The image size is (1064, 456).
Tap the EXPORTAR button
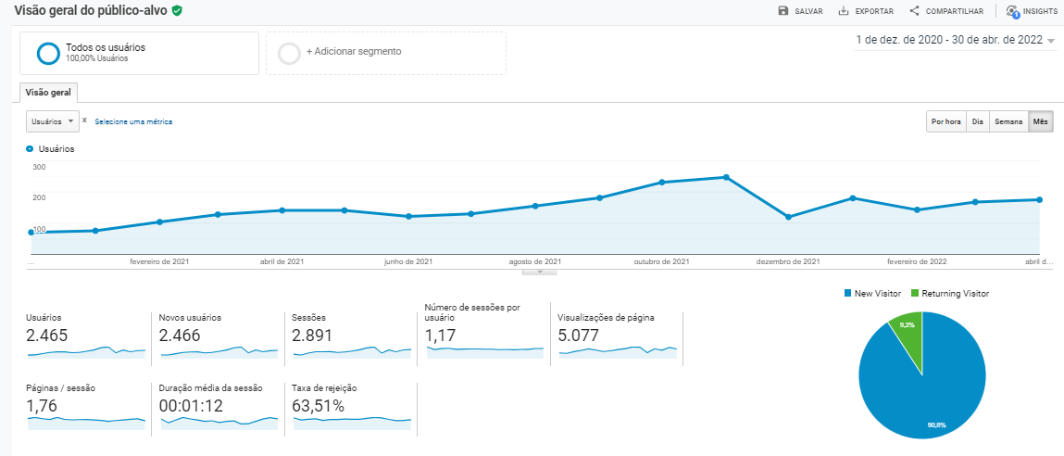[866, 11]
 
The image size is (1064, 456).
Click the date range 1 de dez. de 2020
[954, 40]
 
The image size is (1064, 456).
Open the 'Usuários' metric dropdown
[52, 121]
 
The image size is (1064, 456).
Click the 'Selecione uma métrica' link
[133, 121]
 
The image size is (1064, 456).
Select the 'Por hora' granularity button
[945, 121]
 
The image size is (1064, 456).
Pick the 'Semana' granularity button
[1008, 121]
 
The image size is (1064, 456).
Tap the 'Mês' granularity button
[1041, 121]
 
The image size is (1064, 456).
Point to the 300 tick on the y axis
[39, 167]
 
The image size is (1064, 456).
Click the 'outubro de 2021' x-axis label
[661, 261]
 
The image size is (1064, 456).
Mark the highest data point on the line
[727, 177]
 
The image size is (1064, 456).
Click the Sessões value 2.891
[312, 336]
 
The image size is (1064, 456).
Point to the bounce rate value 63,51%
[318, 406]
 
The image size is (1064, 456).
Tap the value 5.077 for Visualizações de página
[578, 336]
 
